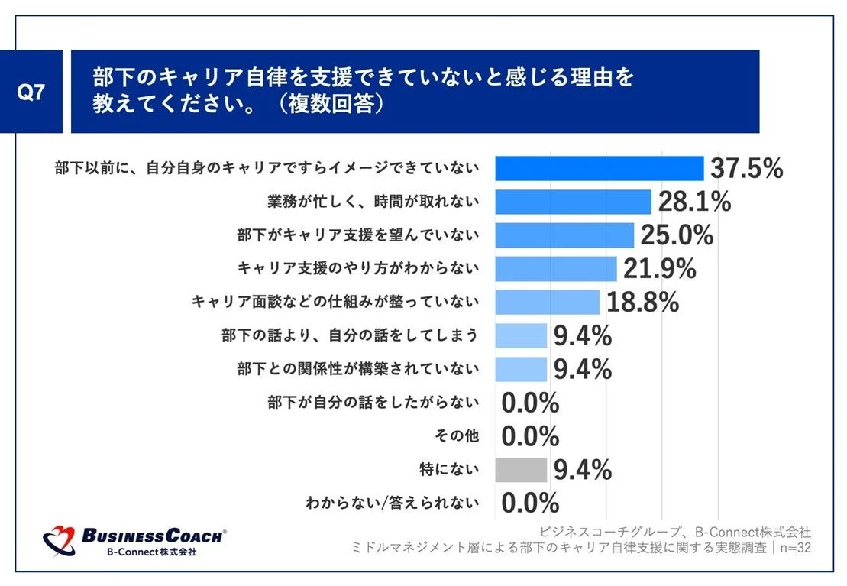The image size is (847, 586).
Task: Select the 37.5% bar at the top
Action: (599, 168)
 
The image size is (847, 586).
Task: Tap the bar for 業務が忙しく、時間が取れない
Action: (573, 202)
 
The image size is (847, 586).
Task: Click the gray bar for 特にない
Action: (521, 470)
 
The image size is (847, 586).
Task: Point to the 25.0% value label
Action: (677, 235)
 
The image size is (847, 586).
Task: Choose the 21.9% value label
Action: (659, 269)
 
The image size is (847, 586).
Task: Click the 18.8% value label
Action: (642, 303)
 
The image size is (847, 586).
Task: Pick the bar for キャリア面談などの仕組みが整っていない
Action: (547, 303)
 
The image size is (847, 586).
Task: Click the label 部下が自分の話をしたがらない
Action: (373, 403)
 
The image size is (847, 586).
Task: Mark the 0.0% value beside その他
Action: (530, 436)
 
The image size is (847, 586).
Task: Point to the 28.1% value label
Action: (693, 202)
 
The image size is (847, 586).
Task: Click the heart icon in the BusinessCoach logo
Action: (60, 541)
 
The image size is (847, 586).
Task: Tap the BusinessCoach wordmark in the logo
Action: (153, 536)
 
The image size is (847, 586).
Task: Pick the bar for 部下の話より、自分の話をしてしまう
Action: (521, 335)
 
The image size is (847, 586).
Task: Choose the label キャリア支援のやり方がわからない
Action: (358, 268)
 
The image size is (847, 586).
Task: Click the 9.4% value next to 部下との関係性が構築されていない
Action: (582, 369)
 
